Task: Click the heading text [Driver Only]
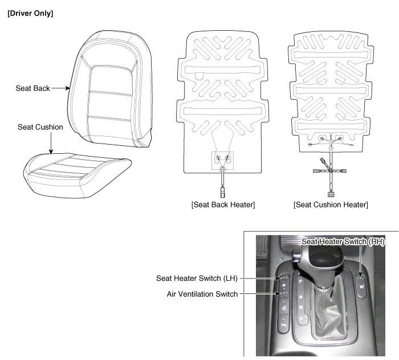coord(30,14)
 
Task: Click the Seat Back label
coord(33,88)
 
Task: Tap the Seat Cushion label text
coord(40,127)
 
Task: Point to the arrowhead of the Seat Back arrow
coord(67,88)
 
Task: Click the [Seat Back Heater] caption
coord(223,204)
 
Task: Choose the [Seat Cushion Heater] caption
coord(331,204)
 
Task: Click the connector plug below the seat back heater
coord(223,193)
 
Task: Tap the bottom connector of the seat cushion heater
coord(331,194)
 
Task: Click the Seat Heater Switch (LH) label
coord(197,279)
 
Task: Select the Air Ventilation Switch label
coord(202,294)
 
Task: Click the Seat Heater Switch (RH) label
coord(343,242)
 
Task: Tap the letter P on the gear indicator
coord(300,281)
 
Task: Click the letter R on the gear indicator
coord(301,297)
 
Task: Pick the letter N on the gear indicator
coord(301,308)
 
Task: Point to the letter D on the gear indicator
coord(302,318)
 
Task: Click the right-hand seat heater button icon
coord(361,287)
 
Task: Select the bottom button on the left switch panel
coord(283,324)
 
